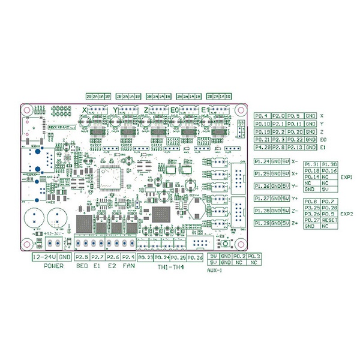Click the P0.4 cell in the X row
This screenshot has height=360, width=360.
coord(262,115)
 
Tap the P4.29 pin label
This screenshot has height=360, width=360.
coord(262,146)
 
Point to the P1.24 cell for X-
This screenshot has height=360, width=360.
coord(262,161)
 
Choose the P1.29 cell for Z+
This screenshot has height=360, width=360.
coord(262,223)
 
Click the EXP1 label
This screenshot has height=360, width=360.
coord(346,178)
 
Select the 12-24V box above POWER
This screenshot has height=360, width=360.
coord(44,257)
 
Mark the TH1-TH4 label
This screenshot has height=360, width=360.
coord(170,266)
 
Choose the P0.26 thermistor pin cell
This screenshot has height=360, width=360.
coord(195,257)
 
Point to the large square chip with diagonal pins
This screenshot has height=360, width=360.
coord(110,178)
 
